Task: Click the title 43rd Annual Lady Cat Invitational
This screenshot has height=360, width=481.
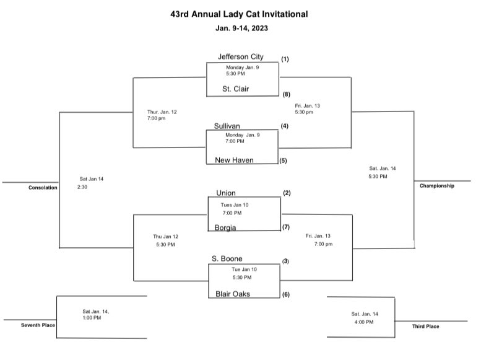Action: coord(239,14)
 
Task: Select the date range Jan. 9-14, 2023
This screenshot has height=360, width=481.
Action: coord(241,28)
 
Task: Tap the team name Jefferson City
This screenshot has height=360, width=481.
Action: coord(240,57)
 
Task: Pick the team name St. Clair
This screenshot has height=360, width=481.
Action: coord(235,89)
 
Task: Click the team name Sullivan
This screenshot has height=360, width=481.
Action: coord(227,126)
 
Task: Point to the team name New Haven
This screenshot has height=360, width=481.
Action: coord(234,160)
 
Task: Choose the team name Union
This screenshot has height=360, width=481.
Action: coord(226,193)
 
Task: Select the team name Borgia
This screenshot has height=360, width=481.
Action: coord(225,227)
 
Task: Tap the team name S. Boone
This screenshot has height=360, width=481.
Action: coord(227,258)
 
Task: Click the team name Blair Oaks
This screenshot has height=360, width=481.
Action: coord(233,294)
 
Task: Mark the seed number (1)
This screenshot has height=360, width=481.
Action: coord(285,59)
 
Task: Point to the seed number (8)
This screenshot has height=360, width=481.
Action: coord(287,94)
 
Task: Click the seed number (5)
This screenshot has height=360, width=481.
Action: coord(283,160)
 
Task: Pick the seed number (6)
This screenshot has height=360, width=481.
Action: coord(286,294)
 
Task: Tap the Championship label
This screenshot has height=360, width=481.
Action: coord(436,186)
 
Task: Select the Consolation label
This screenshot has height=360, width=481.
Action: coord(43,188)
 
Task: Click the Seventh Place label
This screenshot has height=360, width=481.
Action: coord(38,325)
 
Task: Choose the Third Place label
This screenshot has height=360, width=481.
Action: coord(426,326)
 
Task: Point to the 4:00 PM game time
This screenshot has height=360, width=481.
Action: coord(364,322)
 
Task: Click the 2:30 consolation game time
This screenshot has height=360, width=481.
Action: coord(82,187)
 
